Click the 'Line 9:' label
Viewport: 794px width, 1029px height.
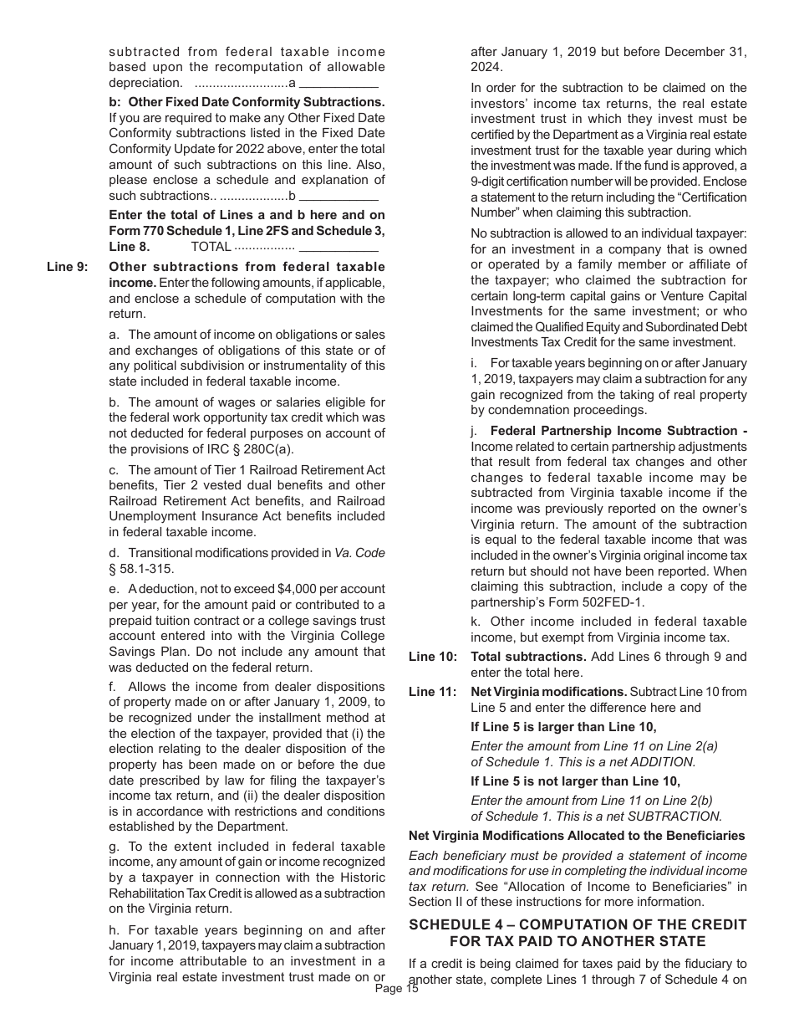[66, 267]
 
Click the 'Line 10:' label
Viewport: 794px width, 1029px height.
[432, 657]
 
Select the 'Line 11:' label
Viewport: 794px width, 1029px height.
[432, 692]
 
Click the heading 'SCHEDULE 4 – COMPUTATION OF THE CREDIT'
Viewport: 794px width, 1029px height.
[578, 924]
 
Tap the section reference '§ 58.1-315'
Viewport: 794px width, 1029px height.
[142, 569]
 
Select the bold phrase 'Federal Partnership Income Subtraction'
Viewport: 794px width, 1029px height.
[614, 431]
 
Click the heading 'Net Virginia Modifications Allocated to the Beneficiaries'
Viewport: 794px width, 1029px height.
[577, 836]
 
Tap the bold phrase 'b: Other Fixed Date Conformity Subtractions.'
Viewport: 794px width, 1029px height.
[247, 102]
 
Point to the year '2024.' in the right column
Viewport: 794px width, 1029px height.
[486, 67]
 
